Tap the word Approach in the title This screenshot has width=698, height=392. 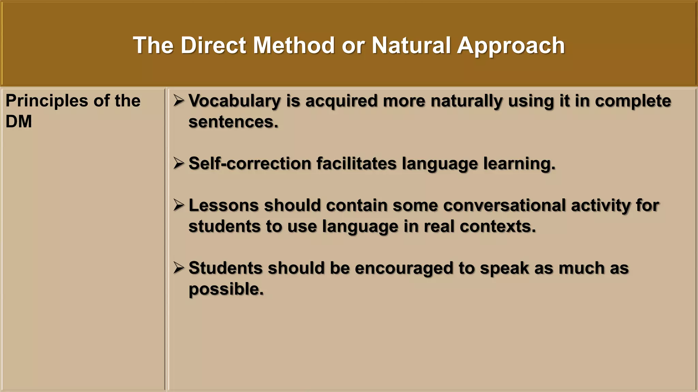pyautogui.click(x=511, y=45)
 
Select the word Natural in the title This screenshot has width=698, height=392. pyautogui.click(x=411, y=45)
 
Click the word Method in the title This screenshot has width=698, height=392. pyautogui.click(x=294, y=45)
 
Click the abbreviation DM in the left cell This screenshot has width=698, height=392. pyautogui.click(x=19, y=121)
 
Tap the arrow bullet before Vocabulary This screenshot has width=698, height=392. pyautogui.click(x=178, y=101)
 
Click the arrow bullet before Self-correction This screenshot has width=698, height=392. pyautogui.click(x=178, y=163)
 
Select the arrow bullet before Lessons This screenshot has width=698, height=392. pyautogui.click(x=178, y=205)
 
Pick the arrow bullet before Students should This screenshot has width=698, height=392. pyautogui.click(x=178, y=268)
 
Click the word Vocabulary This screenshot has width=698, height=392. pyautogui.click(x=234, y=101)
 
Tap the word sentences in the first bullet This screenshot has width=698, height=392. pyautogui.click(x=233, y=122)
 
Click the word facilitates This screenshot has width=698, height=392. pyautogui.click(x=356, y=163)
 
